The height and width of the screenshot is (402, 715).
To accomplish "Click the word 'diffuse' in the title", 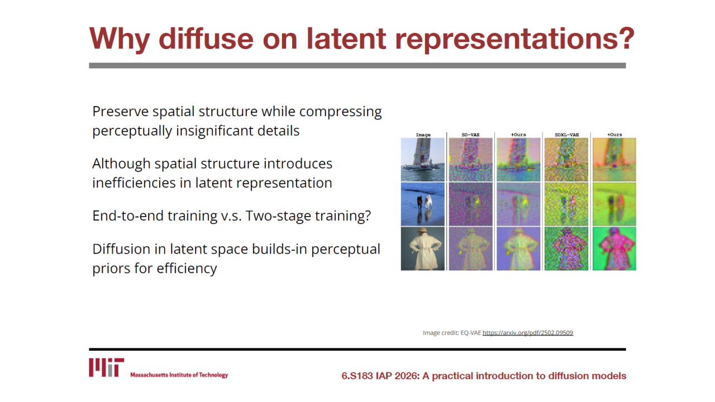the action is click(x=206, y=39).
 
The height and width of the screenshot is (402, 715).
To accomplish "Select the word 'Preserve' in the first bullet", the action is click(x=120, y=111).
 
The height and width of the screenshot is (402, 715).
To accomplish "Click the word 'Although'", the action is click(x=121, y=164).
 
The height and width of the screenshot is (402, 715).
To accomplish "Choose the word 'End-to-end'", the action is click(x=128, y=216).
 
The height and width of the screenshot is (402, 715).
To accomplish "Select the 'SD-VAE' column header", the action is click(x=470, y=135).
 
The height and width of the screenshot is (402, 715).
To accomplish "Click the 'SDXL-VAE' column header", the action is click(x=566, y=135).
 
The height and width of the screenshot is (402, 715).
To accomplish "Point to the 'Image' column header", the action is click(x=423, y=135).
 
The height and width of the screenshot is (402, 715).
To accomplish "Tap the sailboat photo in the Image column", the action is click(x=423, y=160).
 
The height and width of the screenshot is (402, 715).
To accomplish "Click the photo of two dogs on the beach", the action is click(x=423, y=204).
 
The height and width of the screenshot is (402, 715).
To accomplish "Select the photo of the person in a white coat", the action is click(x=423, y=249).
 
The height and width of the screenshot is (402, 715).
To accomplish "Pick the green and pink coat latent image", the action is click(x=614, y=249).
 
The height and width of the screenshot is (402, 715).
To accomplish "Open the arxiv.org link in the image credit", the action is click(x=528, y=333).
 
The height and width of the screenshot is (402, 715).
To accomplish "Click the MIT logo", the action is click(x=106, y=367).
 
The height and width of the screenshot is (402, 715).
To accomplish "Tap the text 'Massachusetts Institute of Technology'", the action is click(x=179, y=375).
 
